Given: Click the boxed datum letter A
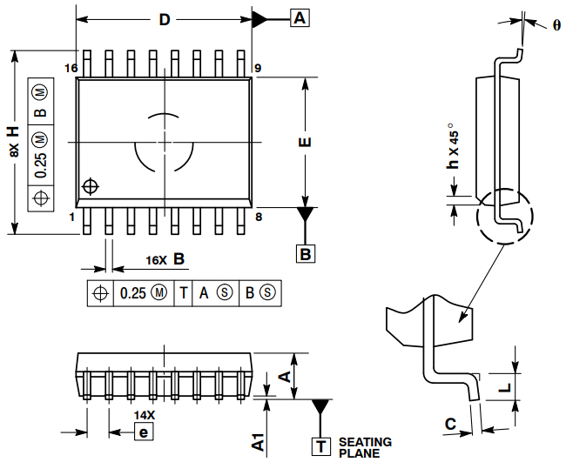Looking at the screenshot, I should click(299, 18).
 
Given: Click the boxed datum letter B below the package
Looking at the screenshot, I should click(306, 254).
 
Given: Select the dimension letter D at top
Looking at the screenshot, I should click(164, 20).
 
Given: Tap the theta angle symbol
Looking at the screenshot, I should click(556, 25).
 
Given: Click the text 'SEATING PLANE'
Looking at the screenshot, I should click(365, 447).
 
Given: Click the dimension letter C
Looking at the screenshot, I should click(450, 425).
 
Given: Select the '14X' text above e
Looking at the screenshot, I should click(145, 415).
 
